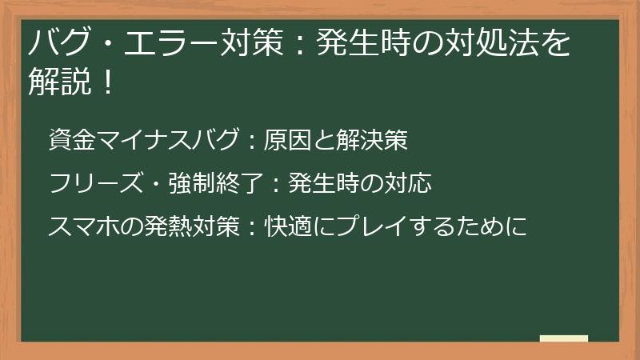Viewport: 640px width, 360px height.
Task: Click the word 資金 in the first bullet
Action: pyautogui.click(x=72, y=141)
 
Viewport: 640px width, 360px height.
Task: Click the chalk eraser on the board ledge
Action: pyautogui.click(x=564, y=338)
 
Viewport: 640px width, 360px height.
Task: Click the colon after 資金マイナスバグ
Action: pyautogui.click(x=251, y=142)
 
